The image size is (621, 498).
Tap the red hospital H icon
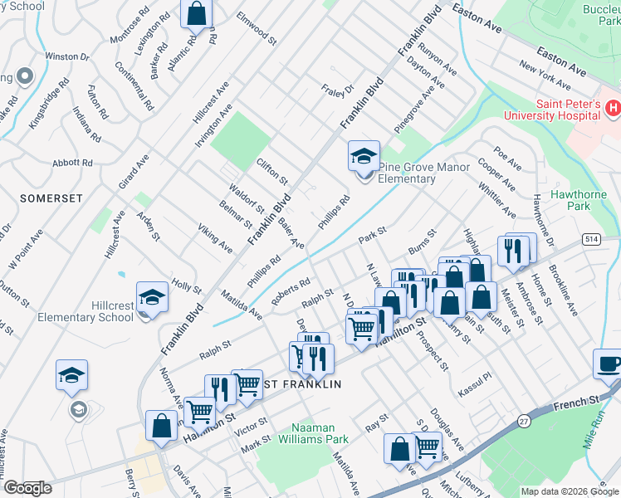click(613, 107)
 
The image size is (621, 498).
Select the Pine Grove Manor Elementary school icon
click(363, 156)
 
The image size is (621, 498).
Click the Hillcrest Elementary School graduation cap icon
click(152, 296)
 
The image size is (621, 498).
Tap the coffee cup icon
click(608, 364)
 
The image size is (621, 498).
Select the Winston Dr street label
click(66, 56)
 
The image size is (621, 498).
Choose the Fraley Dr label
click(338, 88)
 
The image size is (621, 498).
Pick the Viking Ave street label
click(214, 238)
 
